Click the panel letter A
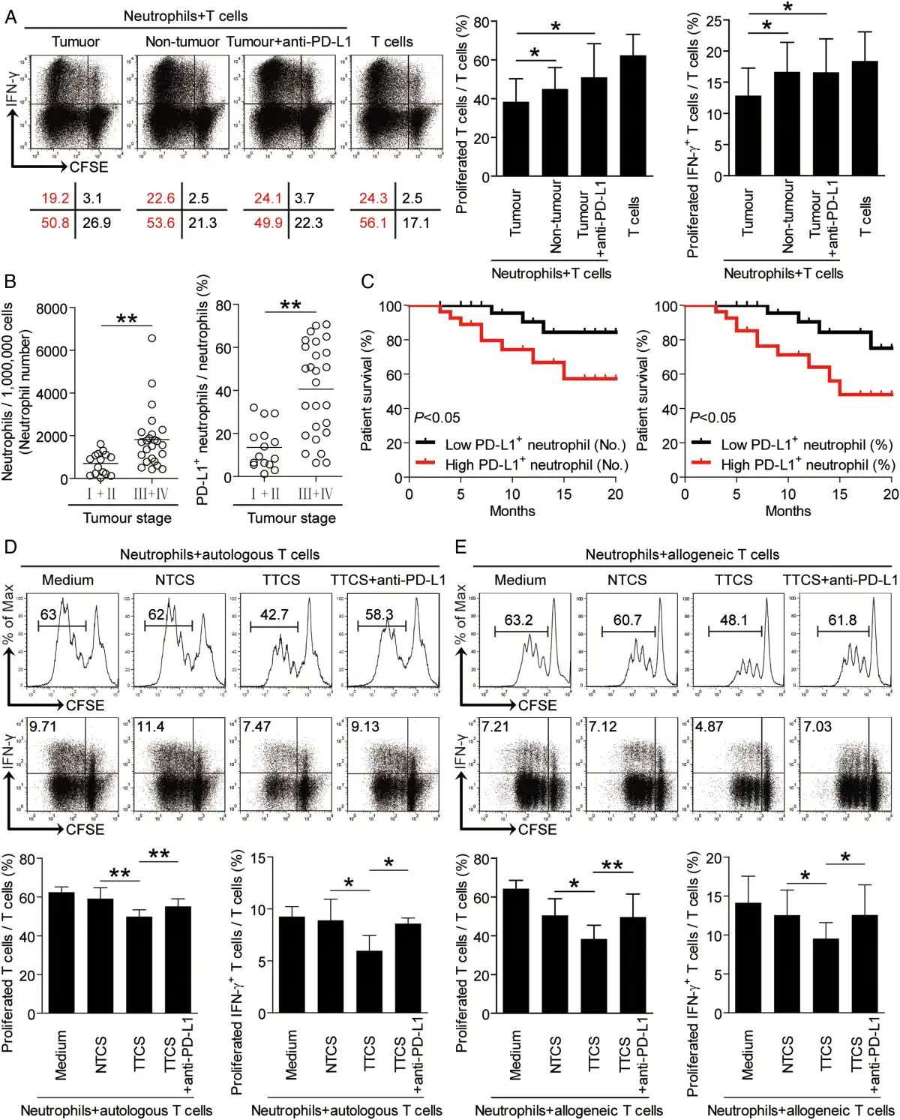point(10,17)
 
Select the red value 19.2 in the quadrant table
point(55,199)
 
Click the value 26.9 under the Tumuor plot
point(97,223)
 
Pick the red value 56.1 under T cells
point(373,223)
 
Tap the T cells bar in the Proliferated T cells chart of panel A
point(633,116)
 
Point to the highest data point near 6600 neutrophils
point(151,338)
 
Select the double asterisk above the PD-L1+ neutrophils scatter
point(290,305)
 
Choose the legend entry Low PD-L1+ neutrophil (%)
point(806,445)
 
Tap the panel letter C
point(367,281)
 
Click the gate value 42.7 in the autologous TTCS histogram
point(274,614)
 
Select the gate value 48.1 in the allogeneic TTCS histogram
point(733,620)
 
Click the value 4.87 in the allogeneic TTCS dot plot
point(709,727)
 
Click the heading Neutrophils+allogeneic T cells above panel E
point(682,555)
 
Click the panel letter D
point(10,546)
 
